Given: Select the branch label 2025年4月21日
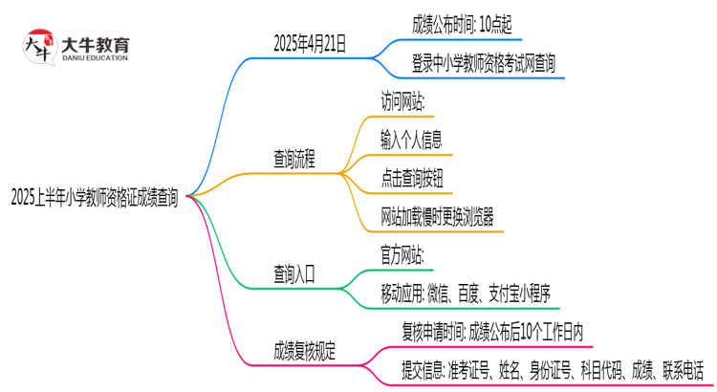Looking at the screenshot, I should (x=310, y=43).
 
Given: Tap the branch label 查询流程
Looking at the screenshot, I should (x=294, y=158).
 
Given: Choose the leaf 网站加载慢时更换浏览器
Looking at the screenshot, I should (x=438, y=216).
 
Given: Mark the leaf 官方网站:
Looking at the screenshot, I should (x=402, y=255).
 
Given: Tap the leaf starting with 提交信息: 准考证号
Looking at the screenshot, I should (x=553, y=370).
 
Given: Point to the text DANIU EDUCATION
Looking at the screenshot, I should (x=94, y=58).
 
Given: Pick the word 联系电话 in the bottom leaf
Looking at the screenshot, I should (x=681, y=370).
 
